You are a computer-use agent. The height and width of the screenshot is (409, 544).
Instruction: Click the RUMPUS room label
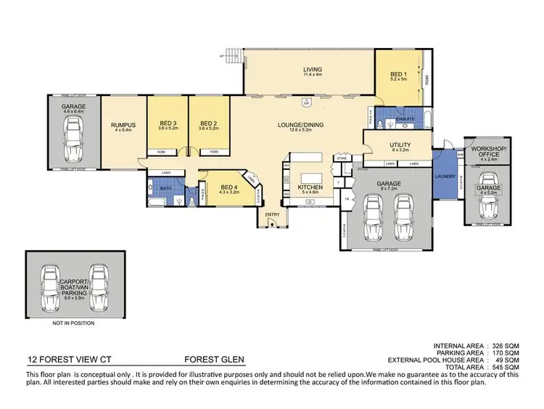(x=120, y=125)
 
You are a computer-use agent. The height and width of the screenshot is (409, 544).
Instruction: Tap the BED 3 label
(x=168, y=123)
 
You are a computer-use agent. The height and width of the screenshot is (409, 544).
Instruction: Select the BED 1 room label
(x=399, y=76)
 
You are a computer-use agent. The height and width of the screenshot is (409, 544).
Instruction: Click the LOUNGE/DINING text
(x=303, y=125)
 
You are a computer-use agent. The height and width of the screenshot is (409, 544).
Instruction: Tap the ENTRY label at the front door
(x=272, y=214)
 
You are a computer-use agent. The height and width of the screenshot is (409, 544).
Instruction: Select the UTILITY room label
(x=400, y=146)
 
